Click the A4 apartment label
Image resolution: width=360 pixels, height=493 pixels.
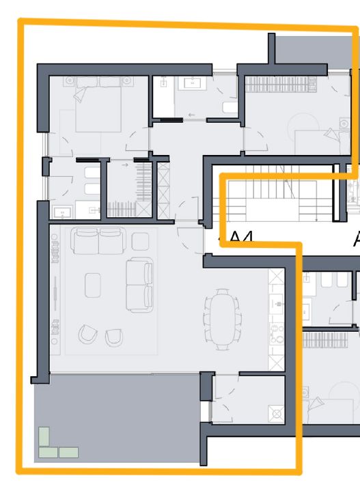[240, 238]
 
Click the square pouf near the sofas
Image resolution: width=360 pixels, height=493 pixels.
[140, 240]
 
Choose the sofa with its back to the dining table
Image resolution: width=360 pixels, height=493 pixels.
[140, 285]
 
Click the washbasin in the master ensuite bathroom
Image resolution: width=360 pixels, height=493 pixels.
[61, 212]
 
